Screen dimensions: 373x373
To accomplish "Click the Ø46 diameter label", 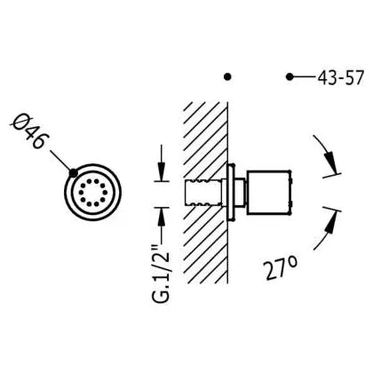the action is click(x=28, y=131).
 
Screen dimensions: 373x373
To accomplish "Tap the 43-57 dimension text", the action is click(x=340, y=78).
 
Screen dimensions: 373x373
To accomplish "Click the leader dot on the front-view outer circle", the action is click(x=73, y=172).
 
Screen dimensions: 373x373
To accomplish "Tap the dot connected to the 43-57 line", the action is click(x=290, y=77).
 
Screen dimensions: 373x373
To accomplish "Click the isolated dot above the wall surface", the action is click(x=227, y=77).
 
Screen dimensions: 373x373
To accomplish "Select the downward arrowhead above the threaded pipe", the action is click(x=162, y=171).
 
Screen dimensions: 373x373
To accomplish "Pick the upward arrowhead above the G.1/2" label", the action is click(x=162, y=218).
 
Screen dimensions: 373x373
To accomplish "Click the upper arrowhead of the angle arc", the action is click(x=331, y=163).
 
